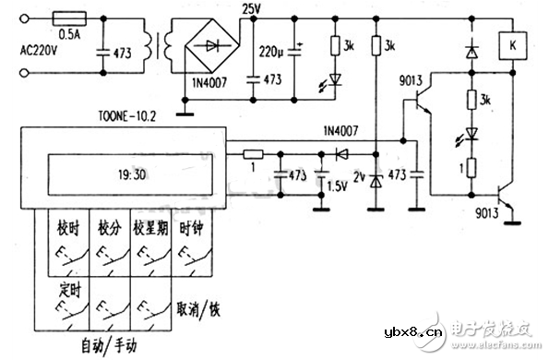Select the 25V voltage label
tap(251, 9)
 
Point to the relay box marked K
tap(510, 42)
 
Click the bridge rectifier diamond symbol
tap(210, 44)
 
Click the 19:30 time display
tap(130, 172)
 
